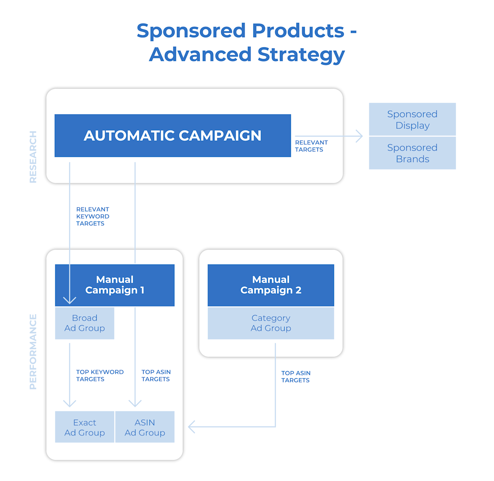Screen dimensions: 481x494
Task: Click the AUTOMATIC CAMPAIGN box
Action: pyautogui.click(x=173, y=136)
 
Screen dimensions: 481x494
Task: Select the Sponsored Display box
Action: pyautogui.click(x=412, y=120)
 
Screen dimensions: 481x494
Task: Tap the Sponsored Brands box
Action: pyautogui.click(x=412, y=153)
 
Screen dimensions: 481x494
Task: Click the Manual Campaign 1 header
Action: pyautogui.click(x=115, y=285)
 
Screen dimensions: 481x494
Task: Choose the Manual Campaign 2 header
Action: pyautogui.click(x=271, y=285)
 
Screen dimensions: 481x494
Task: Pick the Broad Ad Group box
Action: pyautogui.click(x=84, y=323)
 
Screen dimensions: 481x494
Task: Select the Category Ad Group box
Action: pyautogui.click(x=271, y=323)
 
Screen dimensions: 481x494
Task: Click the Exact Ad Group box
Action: pyautogui.click(x=84, y=427)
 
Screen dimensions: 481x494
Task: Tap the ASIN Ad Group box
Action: pyautogui.click(x=145, y=427)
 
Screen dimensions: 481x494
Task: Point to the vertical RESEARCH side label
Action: pyautogui.click(x=33, y=157)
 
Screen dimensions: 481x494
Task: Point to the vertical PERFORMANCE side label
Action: pyautogui.click(x=33, y=352)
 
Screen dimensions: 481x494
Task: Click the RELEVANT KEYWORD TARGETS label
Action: pyautogui.click(x=92, y=216)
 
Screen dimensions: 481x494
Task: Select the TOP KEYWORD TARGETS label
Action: pyautogui.click(x=100, y=375)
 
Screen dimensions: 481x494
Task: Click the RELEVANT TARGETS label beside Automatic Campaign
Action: pyautogui.click(x=311, y=146)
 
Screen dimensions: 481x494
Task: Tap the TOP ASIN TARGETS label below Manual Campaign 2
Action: pyautogui.click(x=296, y=377)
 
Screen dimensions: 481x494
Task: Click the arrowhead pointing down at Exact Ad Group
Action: pyautogui.click(x=70, y=403)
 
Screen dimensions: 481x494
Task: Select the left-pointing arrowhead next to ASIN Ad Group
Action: pyautogui.click(x=192, y=427)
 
